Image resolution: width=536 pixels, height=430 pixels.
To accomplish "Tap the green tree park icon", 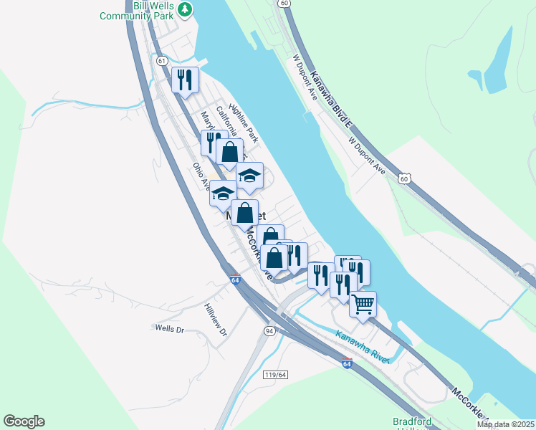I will [x=186, y=9].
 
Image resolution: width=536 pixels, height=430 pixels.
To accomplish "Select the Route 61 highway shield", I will [x=162, y=62].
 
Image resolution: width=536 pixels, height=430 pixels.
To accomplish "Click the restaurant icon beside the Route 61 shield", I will [x=185, y=79].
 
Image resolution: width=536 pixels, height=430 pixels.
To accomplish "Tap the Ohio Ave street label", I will [x=201, y=176].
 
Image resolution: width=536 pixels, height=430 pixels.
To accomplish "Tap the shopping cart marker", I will [x=363, y=304].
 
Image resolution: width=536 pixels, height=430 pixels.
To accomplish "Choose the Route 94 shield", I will [x=269, y=330].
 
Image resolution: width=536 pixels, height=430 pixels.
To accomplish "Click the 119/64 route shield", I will [x=275, y=374].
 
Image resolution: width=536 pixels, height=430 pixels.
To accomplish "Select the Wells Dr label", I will [x=170, y=329].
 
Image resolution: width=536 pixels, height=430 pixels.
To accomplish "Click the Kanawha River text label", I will [x=362, y=345].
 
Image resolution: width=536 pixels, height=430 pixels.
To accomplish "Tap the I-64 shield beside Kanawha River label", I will [x=347, y=363].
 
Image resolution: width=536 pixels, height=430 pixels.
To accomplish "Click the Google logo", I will [x=24, y=421].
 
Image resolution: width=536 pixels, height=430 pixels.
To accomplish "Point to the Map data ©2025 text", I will [x=504, y=424].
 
